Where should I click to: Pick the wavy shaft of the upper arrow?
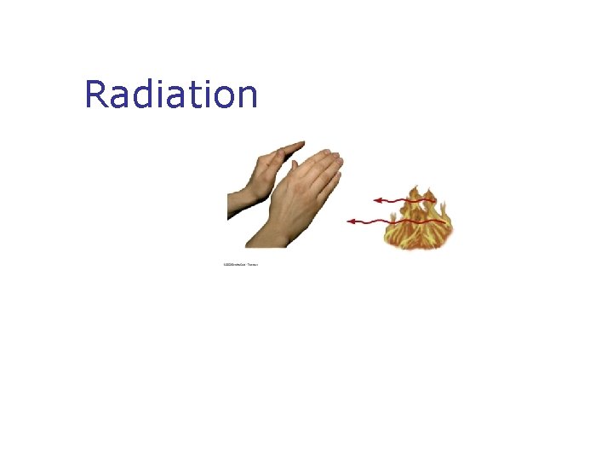409,201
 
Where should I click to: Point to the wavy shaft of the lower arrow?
400,221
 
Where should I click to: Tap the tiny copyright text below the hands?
240,264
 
